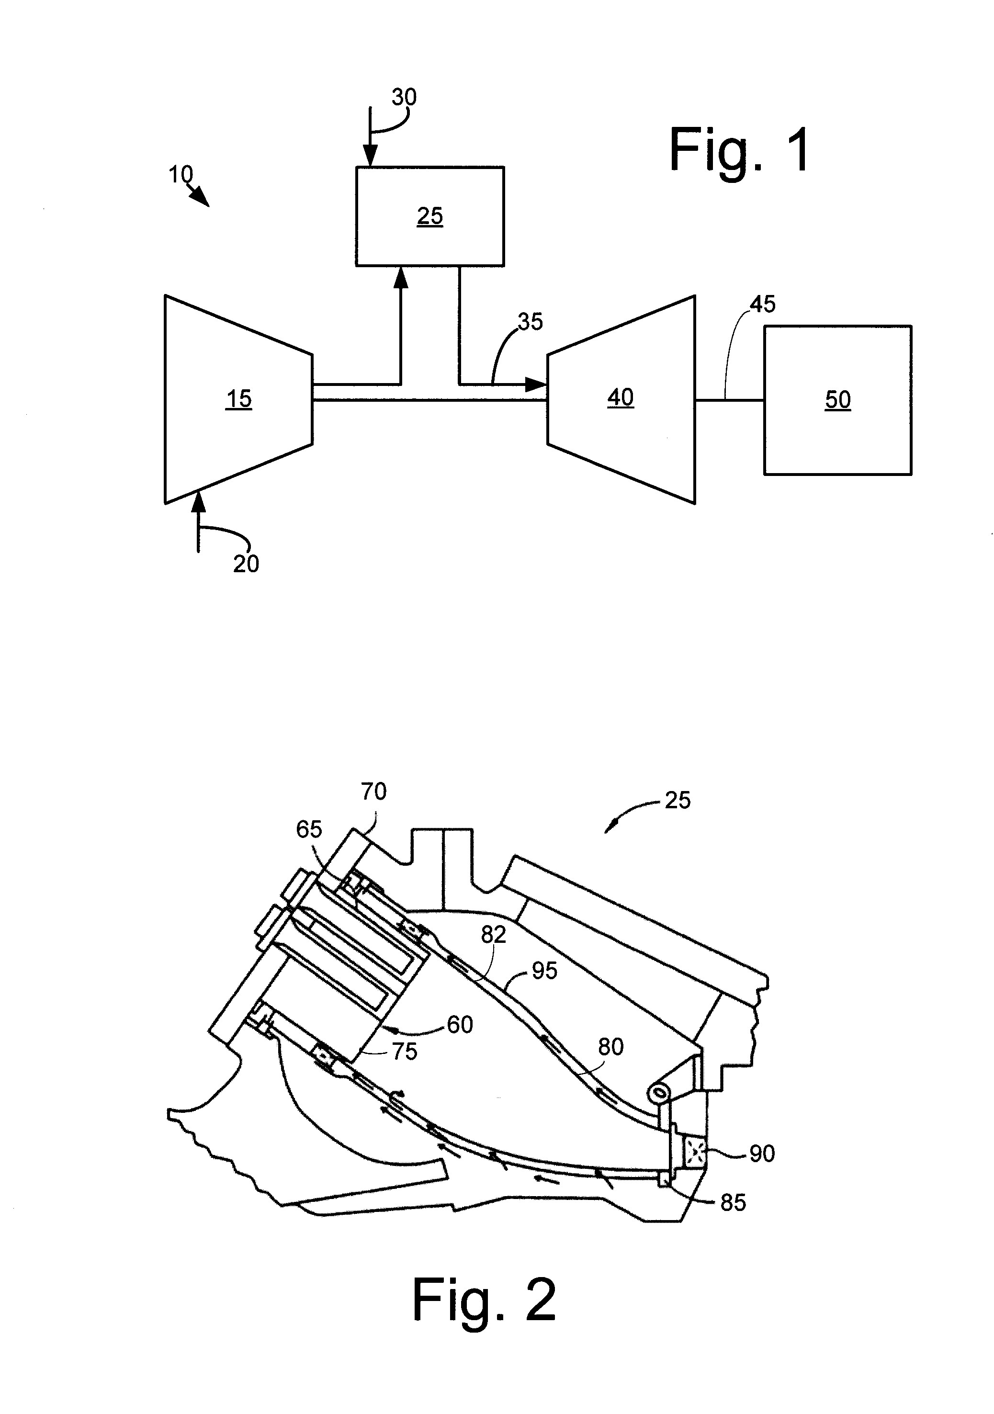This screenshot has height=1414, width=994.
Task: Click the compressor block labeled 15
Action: [x=238, y=399]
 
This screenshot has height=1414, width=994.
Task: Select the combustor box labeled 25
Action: [x=430, y=216]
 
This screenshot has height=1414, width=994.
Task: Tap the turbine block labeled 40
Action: [x=621, y=399]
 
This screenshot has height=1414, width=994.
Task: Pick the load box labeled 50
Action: [x=837, y=400]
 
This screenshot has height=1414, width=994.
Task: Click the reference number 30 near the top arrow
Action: [x=404, y=97]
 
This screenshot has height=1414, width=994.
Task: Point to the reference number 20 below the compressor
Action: [x=246, y=564]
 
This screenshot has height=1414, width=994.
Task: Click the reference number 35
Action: [x=530, y=321]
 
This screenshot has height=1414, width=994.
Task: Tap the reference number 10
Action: [x=181, y=175]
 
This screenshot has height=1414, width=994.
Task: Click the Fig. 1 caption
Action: [x=740, y=150]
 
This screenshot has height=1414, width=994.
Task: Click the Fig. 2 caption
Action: [x=484, y=1300]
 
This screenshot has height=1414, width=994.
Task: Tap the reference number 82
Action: [x=493, y=935]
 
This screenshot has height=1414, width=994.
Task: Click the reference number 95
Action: [x=544, y=971]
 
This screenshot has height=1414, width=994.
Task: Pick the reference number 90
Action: [x=762, y=1154]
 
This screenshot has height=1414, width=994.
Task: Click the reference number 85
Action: [x=733, y=1203]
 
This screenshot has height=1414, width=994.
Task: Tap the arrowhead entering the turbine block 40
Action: [x=536, y=385]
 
